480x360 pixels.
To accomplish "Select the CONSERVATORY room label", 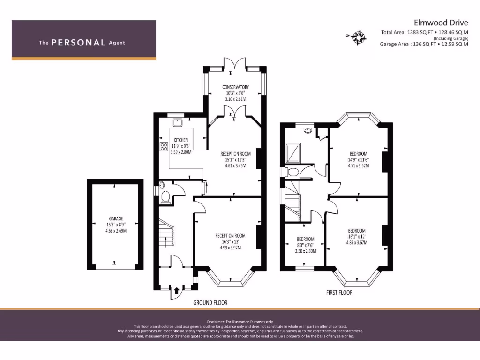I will (x=235, y=87).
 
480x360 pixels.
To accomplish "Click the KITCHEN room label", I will (x=181, y=140).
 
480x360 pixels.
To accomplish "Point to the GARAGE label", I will (x=116, y=219).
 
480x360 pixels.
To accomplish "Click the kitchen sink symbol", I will (x=178, y=123).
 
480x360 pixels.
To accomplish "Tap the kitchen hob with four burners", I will (x=164, y=147).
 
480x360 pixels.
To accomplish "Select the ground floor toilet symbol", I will (x=165, y=197).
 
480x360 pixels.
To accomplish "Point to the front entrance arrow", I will (x=176, y=291).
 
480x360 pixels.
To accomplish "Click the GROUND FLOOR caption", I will (x=210, y=303).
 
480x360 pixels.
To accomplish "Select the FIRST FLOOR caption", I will (x=339, y=292).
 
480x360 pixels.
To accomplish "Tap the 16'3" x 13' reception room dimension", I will (x=230, y=242).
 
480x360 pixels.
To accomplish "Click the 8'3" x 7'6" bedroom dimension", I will (x=306, y=245).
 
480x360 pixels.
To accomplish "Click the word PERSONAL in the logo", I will (x=78, y=43).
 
